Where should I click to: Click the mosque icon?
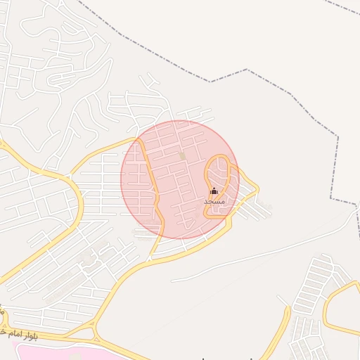click(x=214, y=191)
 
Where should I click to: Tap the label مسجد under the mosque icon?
click(x=214, y=202)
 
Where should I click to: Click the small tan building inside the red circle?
click(x=183, y=155)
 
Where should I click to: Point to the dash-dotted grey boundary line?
click(x=246, y=70)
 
